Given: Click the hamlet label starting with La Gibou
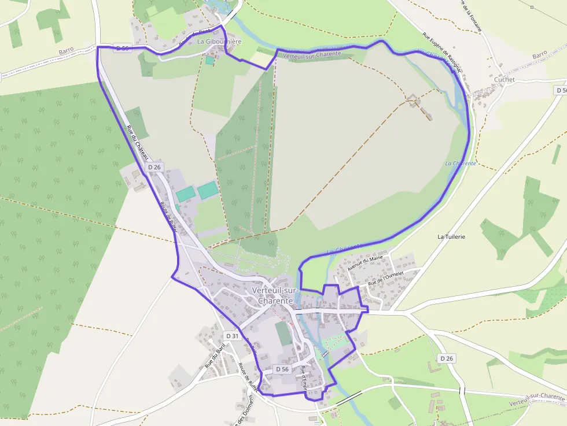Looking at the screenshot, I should coord(219,42).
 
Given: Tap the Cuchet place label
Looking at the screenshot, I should coord(505,80).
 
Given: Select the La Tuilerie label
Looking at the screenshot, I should coord(451,237).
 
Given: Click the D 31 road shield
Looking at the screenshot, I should coord(232,336).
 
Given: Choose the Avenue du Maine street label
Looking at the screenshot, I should coord(365,265).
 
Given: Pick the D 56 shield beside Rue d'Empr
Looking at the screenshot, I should coord(282,369).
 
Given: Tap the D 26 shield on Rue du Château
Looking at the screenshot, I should coord(154,167).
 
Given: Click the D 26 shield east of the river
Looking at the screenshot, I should coord(446,358).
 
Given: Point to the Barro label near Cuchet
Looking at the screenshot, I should coord(539,54).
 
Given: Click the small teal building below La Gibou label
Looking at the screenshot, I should coord(209,60).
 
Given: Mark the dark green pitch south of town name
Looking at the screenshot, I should coord(283,334).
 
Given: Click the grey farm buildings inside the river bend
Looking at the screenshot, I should coord(421,107).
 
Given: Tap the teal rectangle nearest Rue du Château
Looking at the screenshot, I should coord(185,194).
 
